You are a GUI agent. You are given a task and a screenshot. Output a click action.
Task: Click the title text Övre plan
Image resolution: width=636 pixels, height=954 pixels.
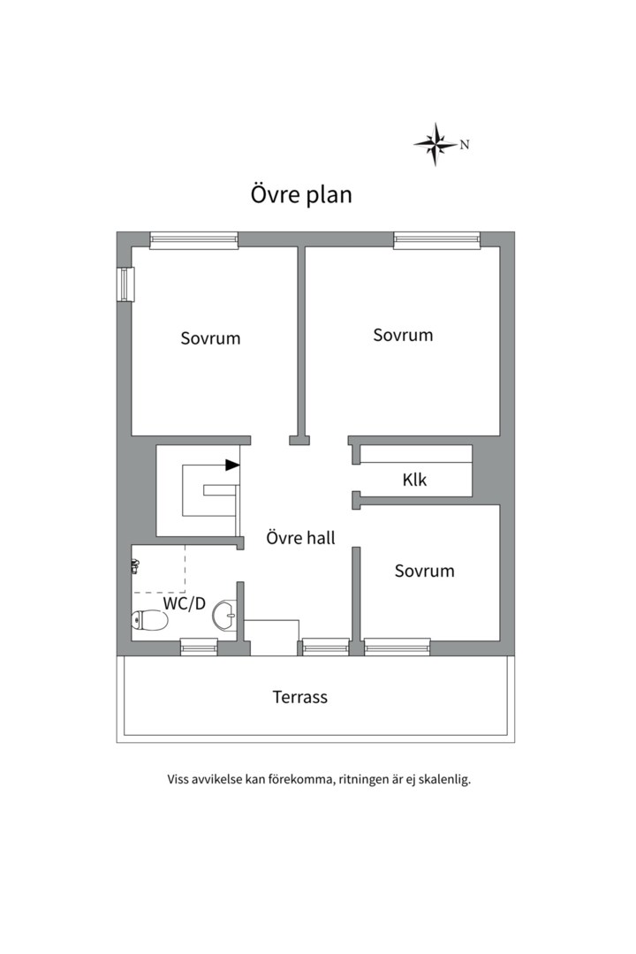[301, 194]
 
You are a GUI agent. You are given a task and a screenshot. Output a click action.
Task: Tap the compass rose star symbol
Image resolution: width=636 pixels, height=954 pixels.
[435, 144]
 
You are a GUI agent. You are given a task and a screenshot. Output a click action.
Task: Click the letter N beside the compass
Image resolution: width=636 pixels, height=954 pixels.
[465, 145]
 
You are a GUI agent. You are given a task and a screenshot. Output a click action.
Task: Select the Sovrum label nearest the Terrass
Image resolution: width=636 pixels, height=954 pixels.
[424, 571]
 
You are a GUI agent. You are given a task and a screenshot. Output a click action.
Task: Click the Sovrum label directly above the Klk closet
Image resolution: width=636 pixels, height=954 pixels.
[403, 335]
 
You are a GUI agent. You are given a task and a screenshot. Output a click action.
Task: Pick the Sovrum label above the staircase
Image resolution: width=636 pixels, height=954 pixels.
[210, 337]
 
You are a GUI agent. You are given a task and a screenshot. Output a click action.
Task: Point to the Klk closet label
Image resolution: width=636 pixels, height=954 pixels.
[414, 481]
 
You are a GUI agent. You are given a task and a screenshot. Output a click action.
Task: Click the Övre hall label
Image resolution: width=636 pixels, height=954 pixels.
[300, 537]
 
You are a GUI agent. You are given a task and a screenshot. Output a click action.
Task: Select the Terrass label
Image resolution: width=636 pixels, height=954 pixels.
[299, 697]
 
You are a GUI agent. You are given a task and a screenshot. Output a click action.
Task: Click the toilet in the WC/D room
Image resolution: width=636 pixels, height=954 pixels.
[148, 622]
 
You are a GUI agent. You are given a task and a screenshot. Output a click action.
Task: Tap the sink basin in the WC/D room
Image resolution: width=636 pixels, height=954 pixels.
[225, 616]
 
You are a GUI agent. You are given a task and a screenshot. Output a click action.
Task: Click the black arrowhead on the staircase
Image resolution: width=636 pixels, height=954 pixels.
[232, 465]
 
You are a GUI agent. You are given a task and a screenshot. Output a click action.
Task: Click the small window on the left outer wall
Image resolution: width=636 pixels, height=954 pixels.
[125, 284]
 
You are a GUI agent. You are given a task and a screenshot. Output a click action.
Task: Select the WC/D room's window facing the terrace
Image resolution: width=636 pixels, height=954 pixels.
[199, 647]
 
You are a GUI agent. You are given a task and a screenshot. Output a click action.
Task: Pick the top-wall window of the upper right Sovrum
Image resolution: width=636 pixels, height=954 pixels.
[436, 239]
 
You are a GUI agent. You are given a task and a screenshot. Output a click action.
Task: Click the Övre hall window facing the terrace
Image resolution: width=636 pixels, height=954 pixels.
[325, 647]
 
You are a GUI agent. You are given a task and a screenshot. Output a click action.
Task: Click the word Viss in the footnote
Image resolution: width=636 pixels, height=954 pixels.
[179, 780]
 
